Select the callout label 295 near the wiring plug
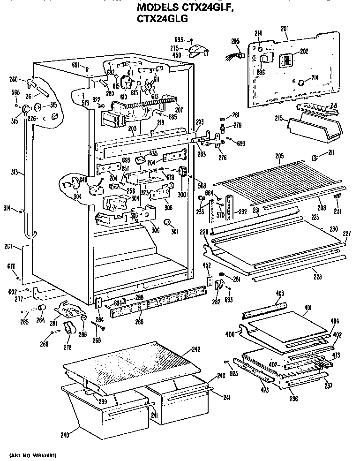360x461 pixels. coord(236,42)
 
